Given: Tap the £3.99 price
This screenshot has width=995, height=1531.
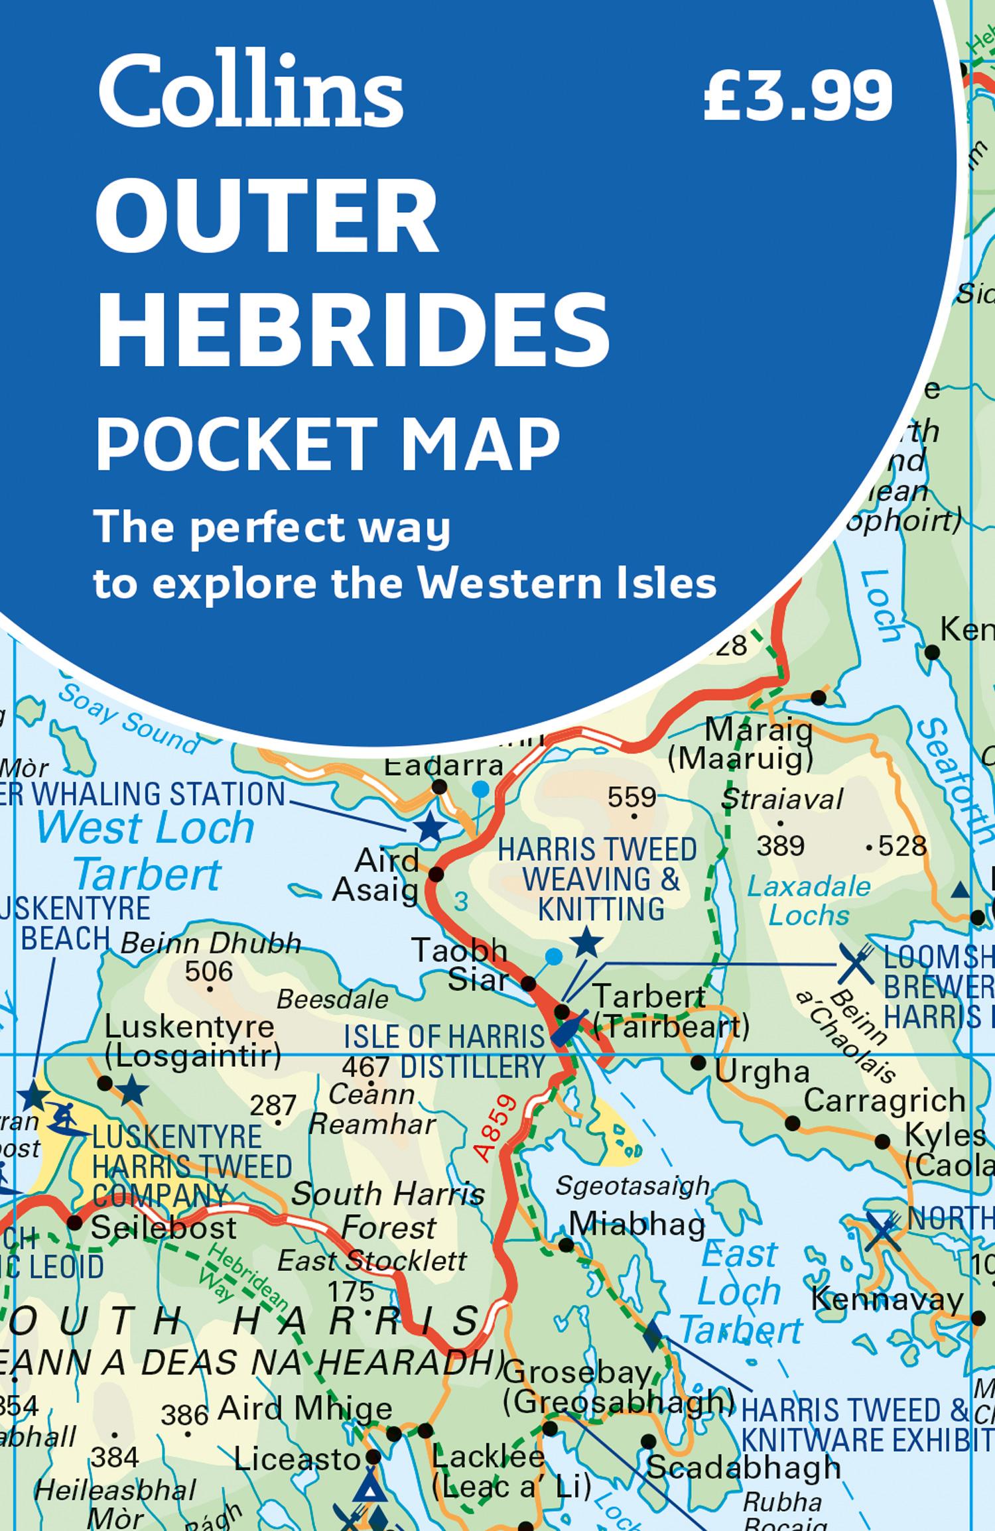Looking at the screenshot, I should [x=798, y=97].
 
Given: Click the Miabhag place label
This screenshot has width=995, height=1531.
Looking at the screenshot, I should [x=637, y=1224].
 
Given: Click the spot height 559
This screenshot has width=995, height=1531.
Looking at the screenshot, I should [x=632, y=798].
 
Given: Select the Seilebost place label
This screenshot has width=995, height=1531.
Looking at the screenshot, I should [x=163, y=1227].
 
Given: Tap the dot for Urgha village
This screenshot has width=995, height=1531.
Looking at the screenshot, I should [x=698, y=1063].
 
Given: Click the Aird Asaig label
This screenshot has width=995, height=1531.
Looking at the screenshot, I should [x=376, y=875].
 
